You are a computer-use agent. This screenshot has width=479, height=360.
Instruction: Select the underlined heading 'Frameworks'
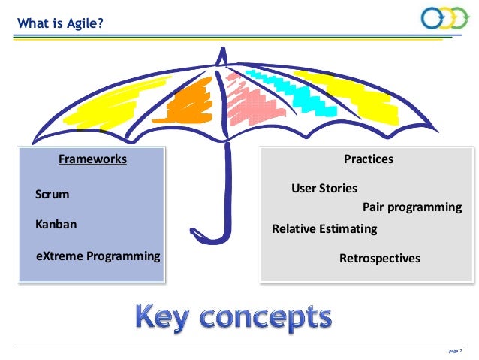(92, 159)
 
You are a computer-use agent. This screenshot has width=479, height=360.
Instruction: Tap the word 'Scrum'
(53, 194)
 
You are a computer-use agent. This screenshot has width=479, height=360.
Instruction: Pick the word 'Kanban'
(56, 224)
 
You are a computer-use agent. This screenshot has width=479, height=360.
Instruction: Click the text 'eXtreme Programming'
(98, 256)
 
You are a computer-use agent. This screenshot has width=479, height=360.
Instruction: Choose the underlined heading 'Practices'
(368, 159)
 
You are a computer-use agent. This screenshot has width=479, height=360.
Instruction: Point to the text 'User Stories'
(324, 188)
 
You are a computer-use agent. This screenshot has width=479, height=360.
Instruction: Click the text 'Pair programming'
(412, 207)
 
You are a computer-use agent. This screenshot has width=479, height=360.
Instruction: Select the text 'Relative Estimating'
(324, 229)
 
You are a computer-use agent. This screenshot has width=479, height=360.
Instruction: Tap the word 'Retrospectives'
(380, 258)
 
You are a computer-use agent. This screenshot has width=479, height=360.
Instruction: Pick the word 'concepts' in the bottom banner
(272, 319)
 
